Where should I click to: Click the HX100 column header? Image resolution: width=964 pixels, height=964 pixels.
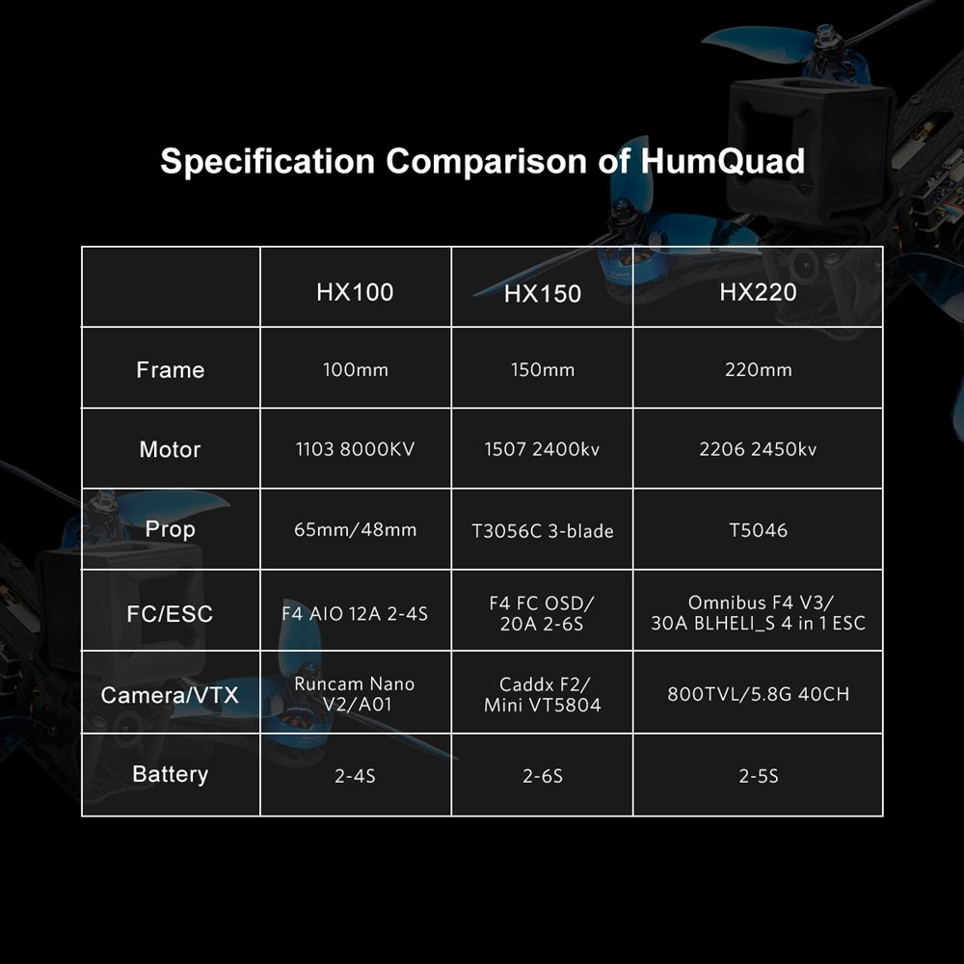(x=355, y=291)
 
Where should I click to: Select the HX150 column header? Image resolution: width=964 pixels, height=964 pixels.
(x=543, y=294)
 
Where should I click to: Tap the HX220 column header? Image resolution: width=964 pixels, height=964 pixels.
(x=758, y=291)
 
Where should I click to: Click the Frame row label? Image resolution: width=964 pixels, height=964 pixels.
(x=171, y=370)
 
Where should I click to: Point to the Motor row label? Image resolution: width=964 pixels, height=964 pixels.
(x=171, y=449)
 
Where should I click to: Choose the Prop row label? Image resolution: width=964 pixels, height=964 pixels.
(x=171, y=529)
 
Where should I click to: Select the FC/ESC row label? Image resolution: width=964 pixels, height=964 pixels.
(x=171, y=613)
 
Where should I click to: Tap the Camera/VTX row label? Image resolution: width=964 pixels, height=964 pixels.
(x=171, y=694)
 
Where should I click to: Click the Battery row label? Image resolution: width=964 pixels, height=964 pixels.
(x=171, y=774)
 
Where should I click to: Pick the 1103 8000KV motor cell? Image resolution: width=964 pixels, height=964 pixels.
(x=355, y=449)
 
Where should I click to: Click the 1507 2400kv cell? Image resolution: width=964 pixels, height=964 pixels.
(x=543, y=449)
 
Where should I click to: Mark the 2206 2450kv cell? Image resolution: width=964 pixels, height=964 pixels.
(x=758, y=449)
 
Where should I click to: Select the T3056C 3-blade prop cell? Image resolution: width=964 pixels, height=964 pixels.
(x=543, y=531)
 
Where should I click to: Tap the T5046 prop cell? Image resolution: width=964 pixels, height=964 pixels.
(x=758, y=530)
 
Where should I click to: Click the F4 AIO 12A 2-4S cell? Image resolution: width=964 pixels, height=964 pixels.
(x=355, y=613)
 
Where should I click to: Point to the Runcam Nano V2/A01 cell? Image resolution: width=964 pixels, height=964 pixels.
(x=355, y=694)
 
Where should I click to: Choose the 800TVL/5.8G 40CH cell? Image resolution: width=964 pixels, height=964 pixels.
(x=758, y=694)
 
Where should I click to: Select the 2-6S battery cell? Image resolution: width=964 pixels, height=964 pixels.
(x=543, y=775)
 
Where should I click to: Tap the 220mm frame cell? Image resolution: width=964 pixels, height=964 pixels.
(x=758, y=370)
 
